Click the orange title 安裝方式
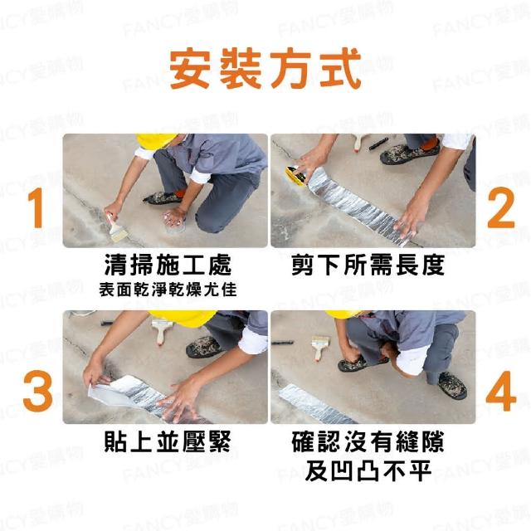265,69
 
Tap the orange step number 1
36,207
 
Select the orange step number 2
500,207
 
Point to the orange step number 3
37,391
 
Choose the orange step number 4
501,391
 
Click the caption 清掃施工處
168,265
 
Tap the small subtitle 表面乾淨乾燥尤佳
168,290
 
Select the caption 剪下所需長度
368,265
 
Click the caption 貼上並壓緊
168,441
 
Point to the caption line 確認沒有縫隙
368,441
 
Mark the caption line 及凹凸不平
368,470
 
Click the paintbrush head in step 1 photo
119,234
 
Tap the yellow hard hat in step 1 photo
157,140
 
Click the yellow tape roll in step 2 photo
294,173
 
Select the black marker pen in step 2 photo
378,144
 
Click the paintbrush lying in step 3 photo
162,330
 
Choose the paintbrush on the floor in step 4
319,347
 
